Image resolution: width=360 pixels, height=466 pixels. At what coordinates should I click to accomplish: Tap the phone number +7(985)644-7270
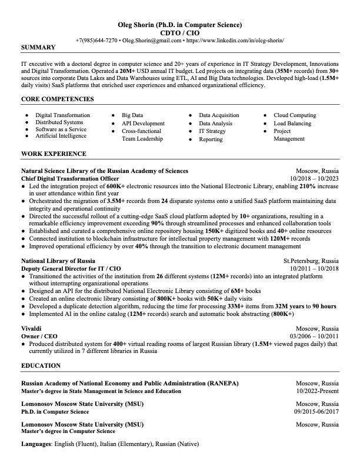tap(96, 41)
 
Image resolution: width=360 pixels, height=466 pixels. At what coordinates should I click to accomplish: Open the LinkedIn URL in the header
tap(235, 41)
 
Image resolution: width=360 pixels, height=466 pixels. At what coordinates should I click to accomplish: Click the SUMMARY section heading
tap(38, 47)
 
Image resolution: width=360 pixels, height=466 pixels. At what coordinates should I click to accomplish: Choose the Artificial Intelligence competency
tap(61, 136)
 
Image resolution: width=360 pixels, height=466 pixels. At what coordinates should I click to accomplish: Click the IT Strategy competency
tap(212, 132)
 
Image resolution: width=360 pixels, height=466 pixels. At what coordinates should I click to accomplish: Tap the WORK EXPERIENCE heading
tap(54, 154)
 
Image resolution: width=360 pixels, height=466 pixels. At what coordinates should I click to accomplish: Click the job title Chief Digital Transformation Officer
tap(70, 178)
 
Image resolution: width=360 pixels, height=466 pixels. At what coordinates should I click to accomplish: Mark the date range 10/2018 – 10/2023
tap(314, 178)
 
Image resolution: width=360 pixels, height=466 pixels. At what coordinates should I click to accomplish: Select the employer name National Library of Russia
tap(58, 260)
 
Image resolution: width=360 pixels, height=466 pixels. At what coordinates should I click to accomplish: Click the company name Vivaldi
tap(31, 328)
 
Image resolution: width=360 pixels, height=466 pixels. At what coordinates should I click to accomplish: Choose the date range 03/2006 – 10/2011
tap(314, 336)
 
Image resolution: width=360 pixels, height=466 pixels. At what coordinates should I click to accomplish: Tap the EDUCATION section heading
tap(41, 366)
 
